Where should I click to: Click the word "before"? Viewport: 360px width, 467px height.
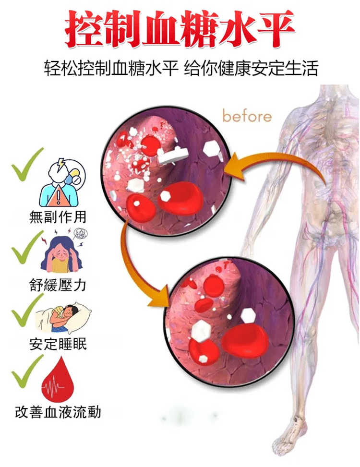(247, 116)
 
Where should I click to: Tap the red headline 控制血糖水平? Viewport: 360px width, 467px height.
(180, 29)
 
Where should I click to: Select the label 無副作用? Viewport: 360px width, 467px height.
(58, 217)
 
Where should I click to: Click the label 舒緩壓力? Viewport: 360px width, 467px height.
(58, 285)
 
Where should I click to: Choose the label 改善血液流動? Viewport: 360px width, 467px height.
(58, 412)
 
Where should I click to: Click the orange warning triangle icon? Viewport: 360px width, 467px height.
(59, 197)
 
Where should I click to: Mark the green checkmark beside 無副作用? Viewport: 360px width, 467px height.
(27, 165)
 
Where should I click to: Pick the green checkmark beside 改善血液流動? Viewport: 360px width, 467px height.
(27, 371)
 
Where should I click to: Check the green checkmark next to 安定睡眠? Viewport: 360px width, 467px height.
(27, 310)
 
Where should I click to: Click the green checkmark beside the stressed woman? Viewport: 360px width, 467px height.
(27, 247)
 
